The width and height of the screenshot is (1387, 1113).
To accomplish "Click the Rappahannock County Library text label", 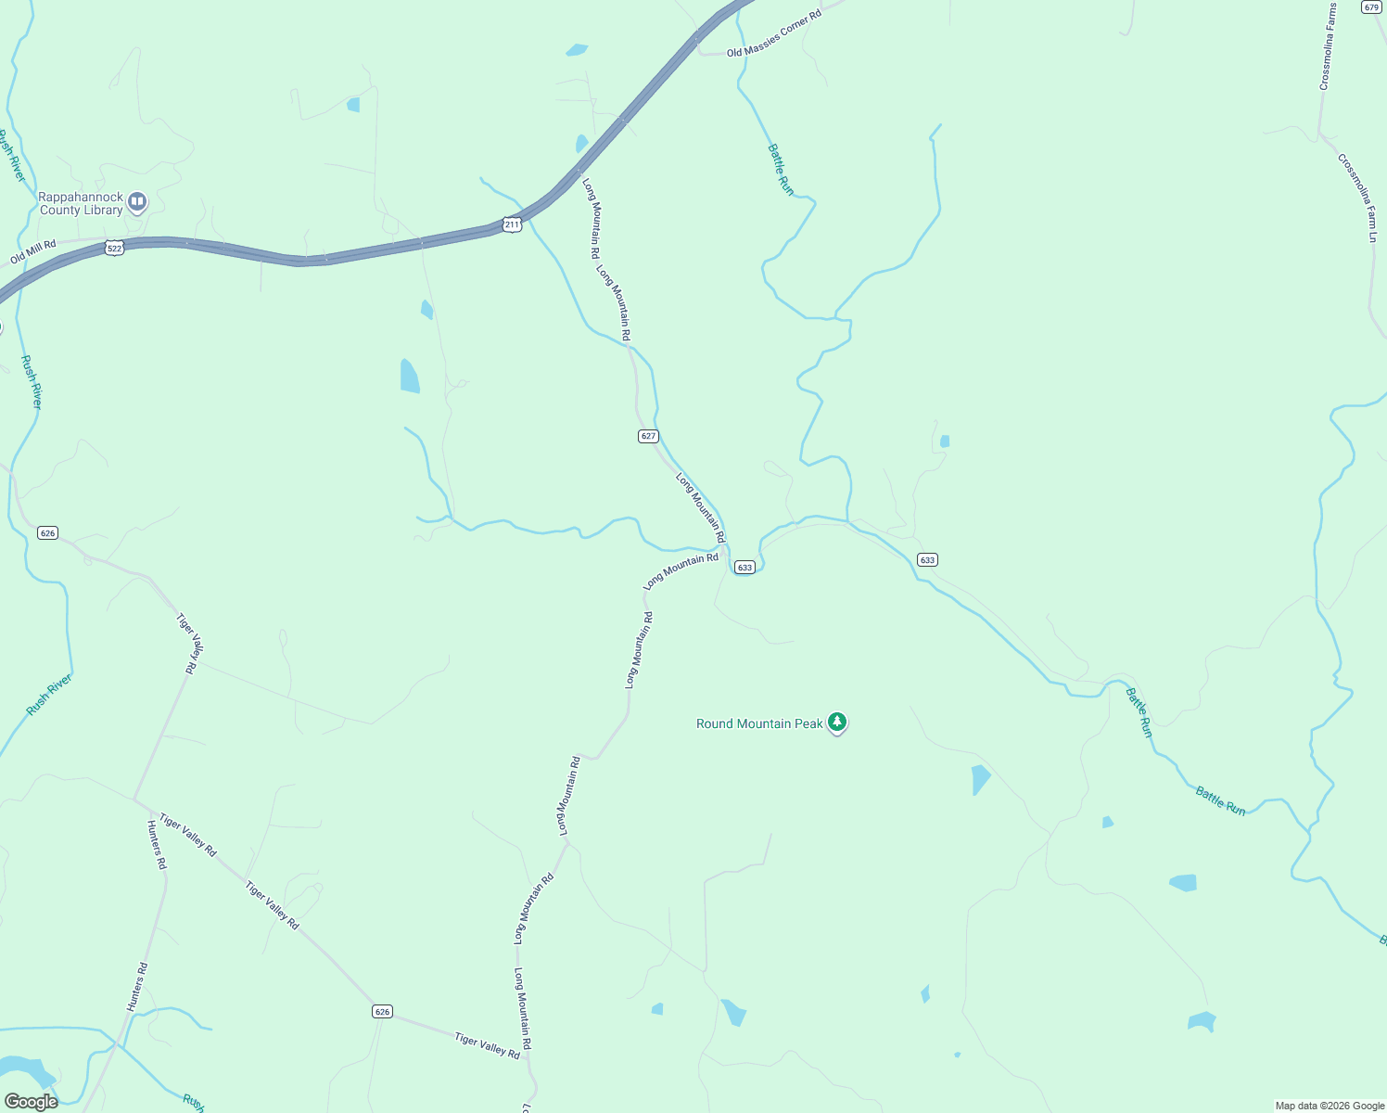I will click(x=81, y=204).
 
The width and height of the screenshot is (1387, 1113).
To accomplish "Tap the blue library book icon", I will click(x=137, y=201).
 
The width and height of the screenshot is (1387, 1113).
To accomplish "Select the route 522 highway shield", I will click(x=114, y=249).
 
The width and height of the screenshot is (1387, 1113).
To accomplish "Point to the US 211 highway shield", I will click(x=512, y=224).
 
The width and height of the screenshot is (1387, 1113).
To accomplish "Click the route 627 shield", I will click(x=648, y=436).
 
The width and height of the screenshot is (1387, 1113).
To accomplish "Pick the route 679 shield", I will click(x=1372, y=6).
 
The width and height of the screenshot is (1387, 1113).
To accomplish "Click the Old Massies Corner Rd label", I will click(x=773, y=35).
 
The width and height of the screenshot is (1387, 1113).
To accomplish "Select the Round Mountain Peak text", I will click(x=759, y=723).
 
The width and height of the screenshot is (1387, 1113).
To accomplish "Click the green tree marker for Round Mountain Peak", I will click(x=837, y=722).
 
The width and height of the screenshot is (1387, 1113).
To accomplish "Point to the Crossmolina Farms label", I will click(x=1329, y=46).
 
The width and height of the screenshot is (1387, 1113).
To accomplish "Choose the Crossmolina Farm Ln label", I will click(x=1359, y=198).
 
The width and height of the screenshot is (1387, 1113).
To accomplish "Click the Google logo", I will click(x=31, y=1102).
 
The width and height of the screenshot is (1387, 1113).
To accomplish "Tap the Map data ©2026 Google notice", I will click(x=1330, y=1106).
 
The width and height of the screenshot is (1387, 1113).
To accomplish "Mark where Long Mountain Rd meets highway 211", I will click(x=577, y=171).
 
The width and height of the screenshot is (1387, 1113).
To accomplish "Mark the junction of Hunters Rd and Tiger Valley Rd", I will click(x=134, y=799).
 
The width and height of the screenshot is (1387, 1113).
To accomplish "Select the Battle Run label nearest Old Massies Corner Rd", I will click(x=781, y=169).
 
